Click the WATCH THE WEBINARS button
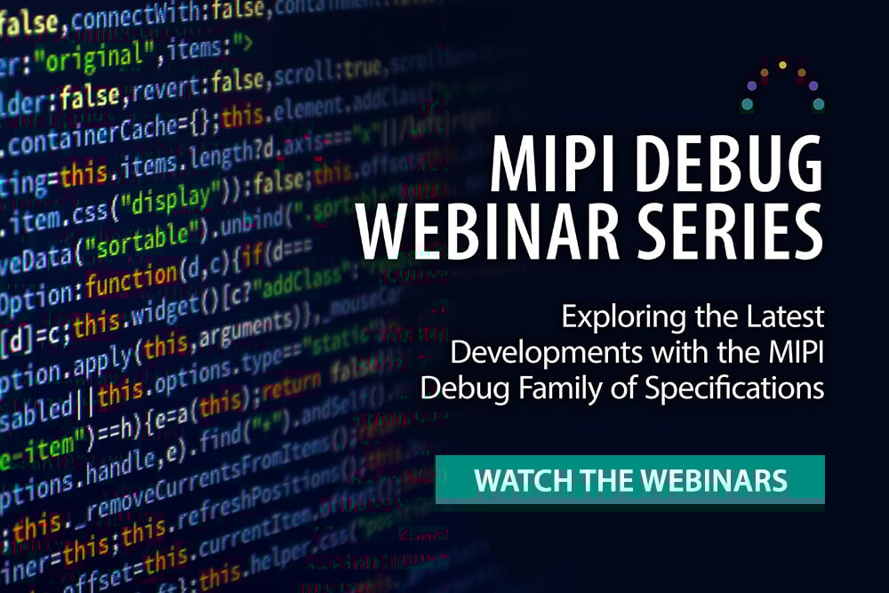point(630,480)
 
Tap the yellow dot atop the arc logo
point(782,65)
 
